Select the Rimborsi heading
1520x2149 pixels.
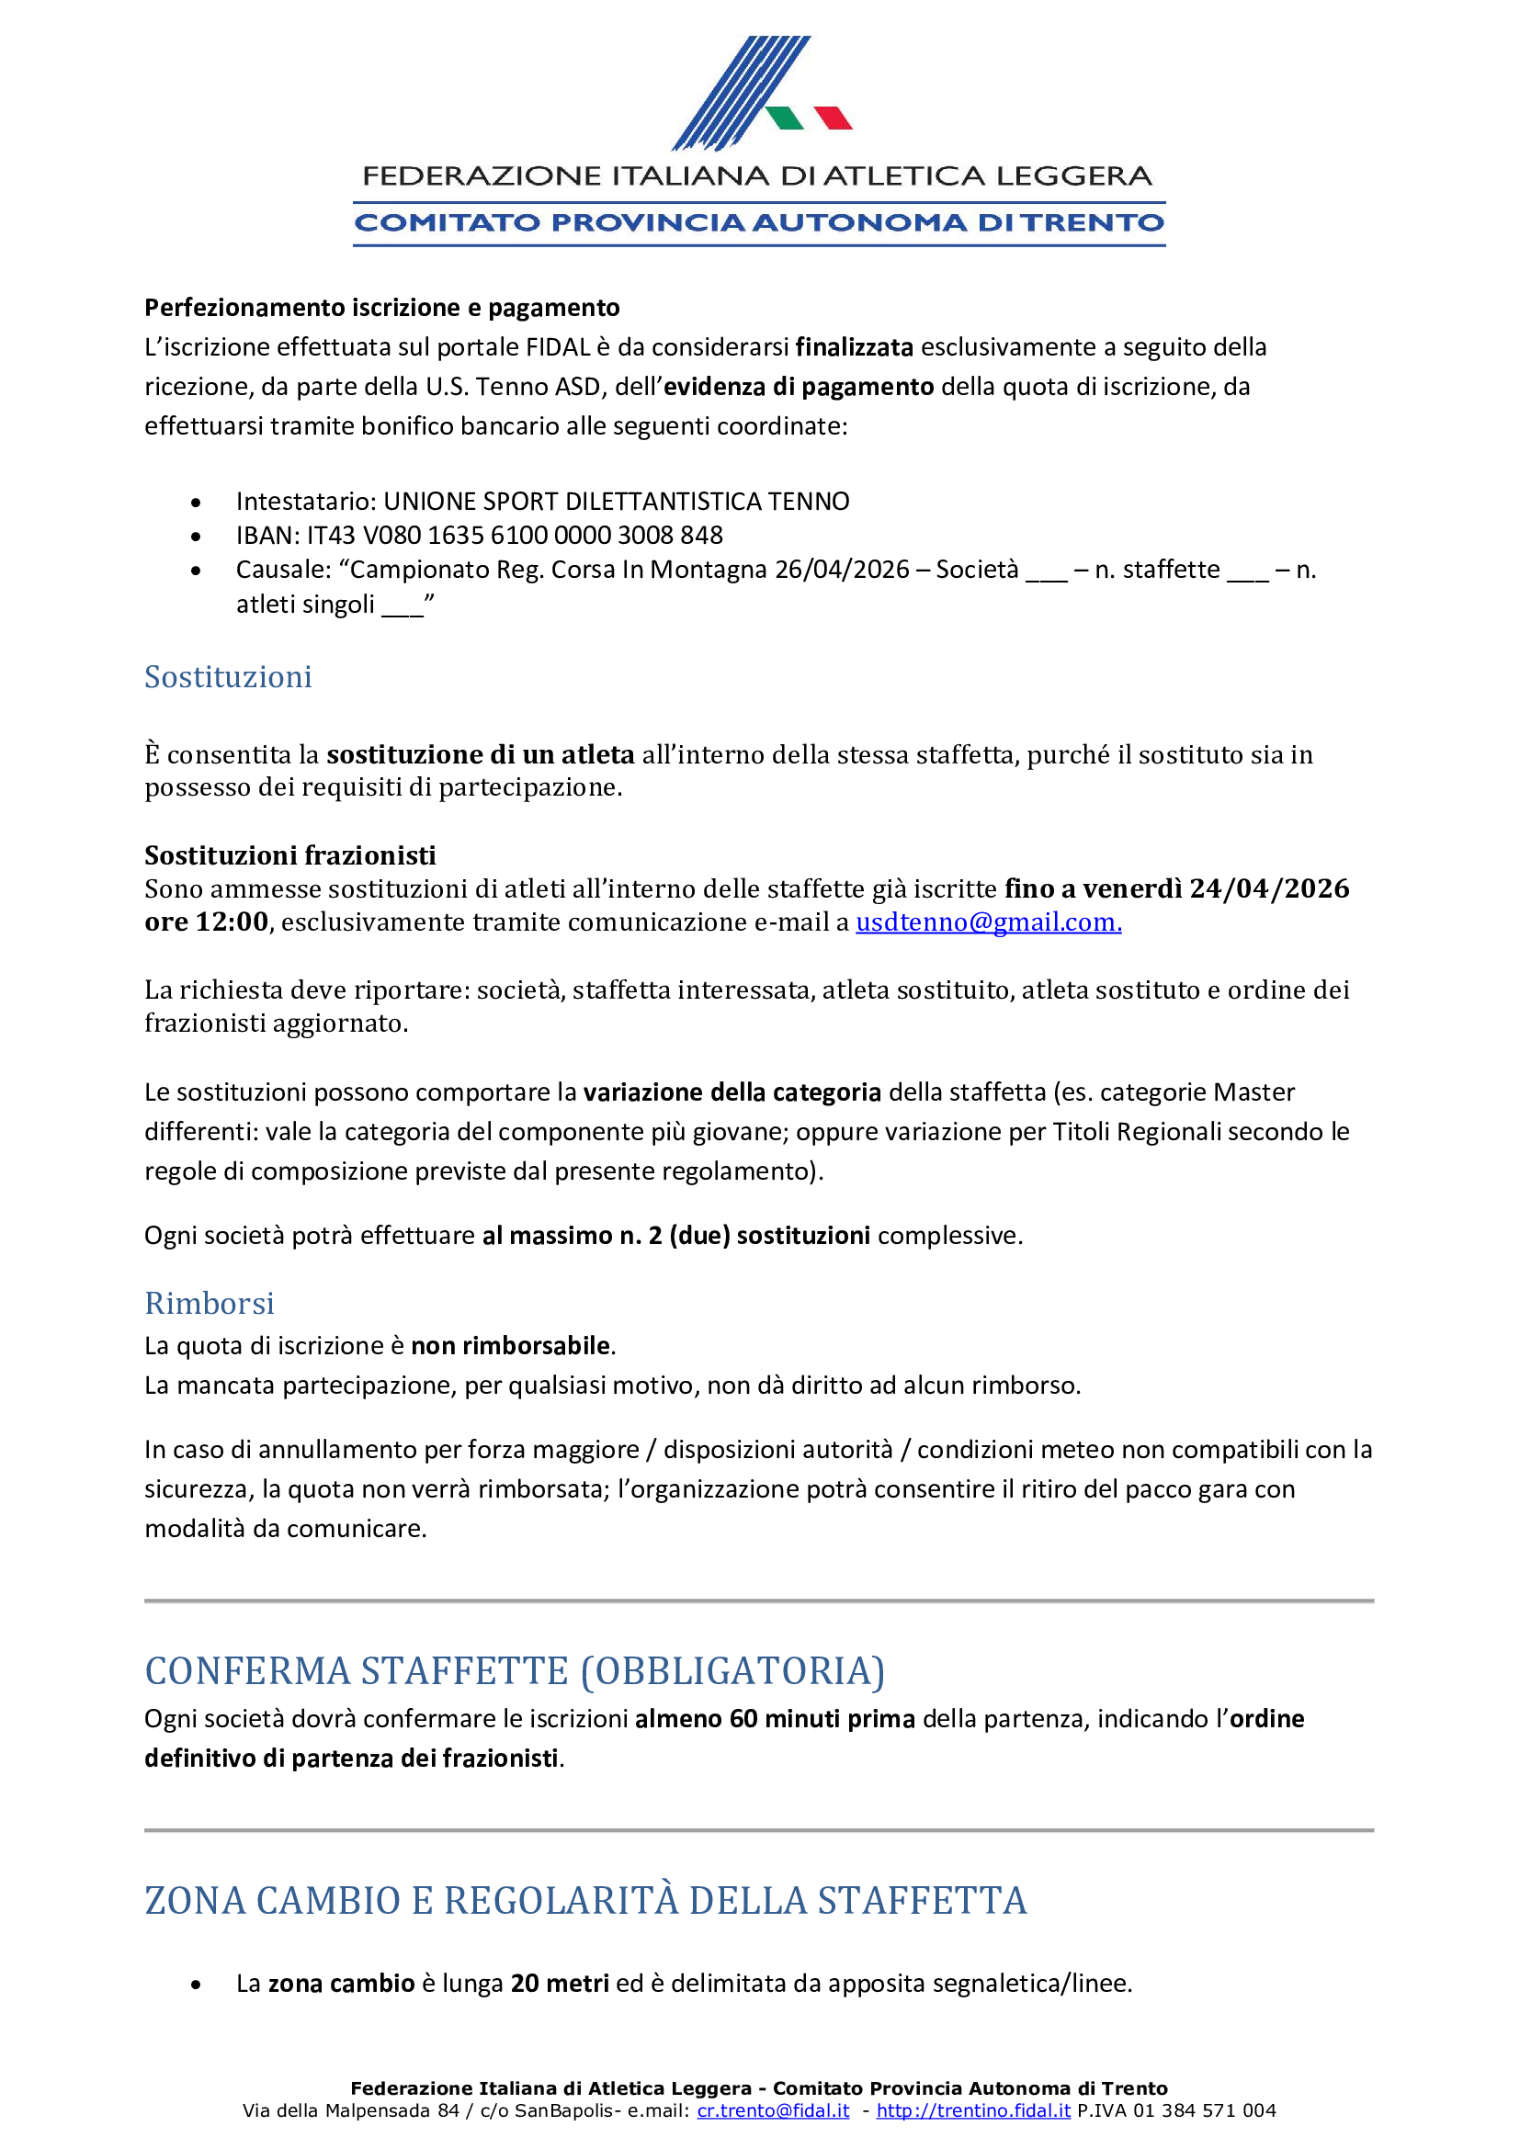coord(210,1303)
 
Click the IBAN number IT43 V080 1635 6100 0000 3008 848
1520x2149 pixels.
coord(515,536)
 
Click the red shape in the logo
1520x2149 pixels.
coord(832,118)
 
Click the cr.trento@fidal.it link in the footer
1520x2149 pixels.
coord(773,2110)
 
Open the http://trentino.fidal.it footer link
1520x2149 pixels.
coord(973,2110)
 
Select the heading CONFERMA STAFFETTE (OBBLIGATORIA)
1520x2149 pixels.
coord(515,1670)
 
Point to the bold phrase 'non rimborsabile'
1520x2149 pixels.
coord(511,1346)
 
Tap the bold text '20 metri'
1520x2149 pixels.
coord(560,1984)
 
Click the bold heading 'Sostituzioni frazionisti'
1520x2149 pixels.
coord(290,855)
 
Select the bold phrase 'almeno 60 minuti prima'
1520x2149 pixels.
coord(775,1718)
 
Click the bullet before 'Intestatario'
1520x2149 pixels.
coord(196,503)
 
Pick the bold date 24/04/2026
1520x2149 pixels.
coord(1269,888)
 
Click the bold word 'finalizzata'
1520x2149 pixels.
coord(855,347)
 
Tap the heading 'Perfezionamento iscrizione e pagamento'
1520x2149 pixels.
coord(382,308)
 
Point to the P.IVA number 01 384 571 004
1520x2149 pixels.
coord(1205,2110)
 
